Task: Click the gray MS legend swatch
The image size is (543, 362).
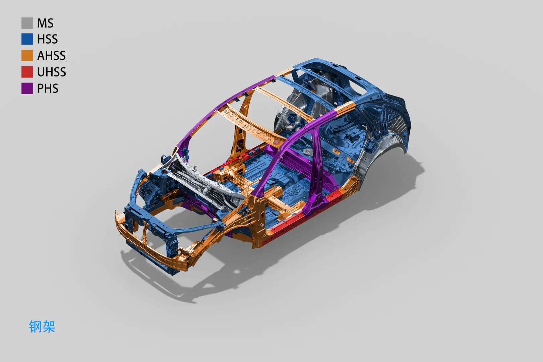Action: (27, 23)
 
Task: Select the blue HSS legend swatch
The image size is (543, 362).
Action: (27, 39)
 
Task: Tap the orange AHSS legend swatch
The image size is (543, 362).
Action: (27, 56)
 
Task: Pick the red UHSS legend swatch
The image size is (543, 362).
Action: (27, 72)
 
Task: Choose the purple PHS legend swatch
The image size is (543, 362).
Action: (27, 88)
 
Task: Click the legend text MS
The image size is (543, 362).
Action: (45, 23)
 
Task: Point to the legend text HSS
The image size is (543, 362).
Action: (47, 39)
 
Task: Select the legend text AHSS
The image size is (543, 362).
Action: (51, 56)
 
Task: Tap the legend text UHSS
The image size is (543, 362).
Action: (51, 72)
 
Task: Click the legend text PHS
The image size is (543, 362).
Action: (48, 88)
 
